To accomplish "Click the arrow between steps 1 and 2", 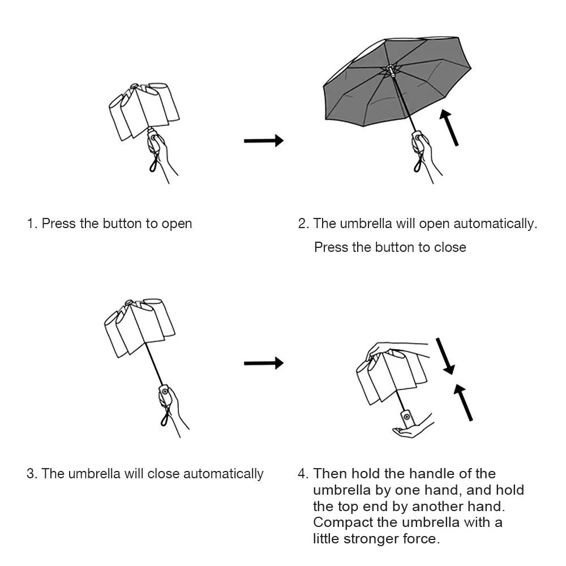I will (263, 140).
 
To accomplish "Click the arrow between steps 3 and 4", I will (263, 363).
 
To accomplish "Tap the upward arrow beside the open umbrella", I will (450, 128).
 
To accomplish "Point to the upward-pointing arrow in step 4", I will (464, 401).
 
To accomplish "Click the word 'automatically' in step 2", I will (496, 224).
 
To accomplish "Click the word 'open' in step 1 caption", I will (177, 224).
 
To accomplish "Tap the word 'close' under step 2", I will (450, 247).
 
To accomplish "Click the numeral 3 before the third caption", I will (31, 474).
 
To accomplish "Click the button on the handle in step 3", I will (165, 391).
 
